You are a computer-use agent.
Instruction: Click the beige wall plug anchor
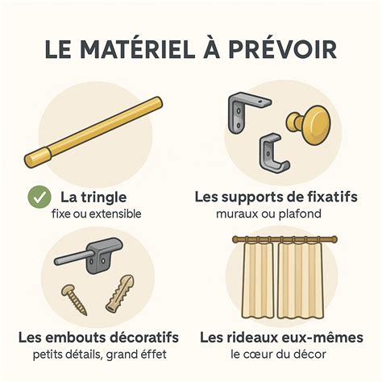118,292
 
